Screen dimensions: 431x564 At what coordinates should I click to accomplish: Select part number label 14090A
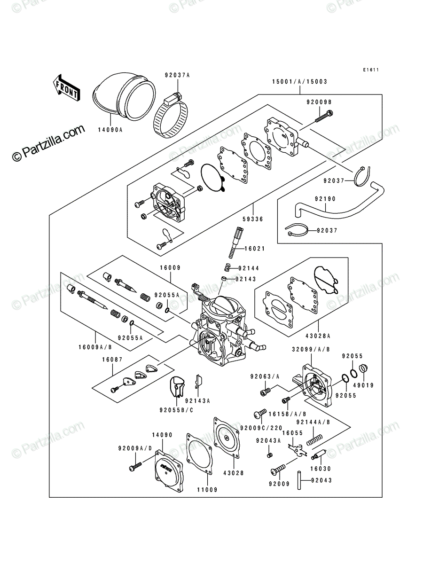[110, 130]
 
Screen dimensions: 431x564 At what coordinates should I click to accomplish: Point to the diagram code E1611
[371, 70]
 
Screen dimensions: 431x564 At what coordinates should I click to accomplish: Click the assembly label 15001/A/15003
[300, 82]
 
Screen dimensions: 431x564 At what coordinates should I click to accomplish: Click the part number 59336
[253, 219]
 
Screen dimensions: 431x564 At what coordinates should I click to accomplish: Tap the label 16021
[255, 249]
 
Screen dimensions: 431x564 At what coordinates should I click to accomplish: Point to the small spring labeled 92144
[227, 267]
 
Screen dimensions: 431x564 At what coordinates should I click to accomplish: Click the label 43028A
[318, 336]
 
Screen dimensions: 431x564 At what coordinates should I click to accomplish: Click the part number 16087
[112, 360]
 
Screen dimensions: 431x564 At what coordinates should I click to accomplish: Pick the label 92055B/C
[176, 411]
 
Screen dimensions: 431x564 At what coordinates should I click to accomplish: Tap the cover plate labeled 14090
[169, 470]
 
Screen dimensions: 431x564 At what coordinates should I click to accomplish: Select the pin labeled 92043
[299, 480]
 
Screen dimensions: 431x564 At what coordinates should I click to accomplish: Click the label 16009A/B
[95, 347]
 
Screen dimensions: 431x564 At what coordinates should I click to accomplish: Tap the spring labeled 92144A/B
[314, 439]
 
